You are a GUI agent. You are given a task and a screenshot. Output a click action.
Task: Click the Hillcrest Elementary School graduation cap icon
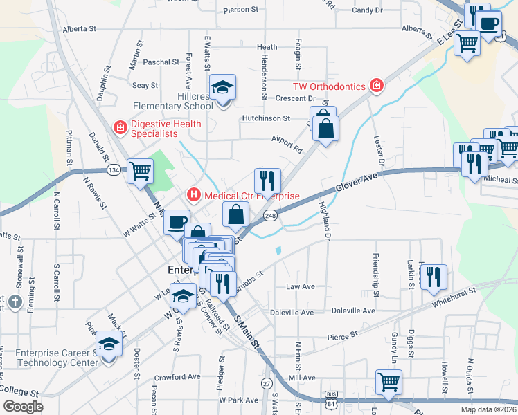point(223,88)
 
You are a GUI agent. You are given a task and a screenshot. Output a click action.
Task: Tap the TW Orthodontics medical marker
point(376,86)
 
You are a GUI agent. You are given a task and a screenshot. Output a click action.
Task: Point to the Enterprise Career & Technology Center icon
point(109,343)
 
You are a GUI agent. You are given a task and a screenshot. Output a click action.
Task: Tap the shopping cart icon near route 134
point(141,169)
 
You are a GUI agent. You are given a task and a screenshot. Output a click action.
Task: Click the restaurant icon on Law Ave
point(434,276)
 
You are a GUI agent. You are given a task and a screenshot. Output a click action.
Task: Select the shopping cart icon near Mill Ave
point(388,381)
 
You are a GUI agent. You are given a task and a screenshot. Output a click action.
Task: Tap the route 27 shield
point(267,383)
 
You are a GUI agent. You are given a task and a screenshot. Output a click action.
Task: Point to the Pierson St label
point(241,10)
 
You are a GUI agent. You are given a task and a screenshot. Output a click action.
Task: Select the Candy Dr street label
point(367,10)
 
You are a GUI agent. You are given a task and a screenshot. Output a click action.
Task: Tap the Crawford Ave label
point(177,377)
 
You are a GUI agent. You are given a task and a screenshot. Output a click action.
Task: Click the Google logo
point(23,407)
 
